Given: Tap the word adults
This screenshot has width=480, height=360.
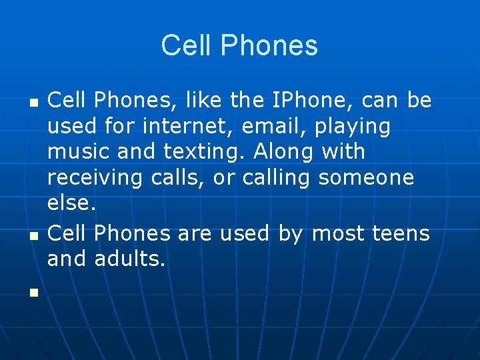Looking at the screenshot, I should [x=129, y=259].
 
